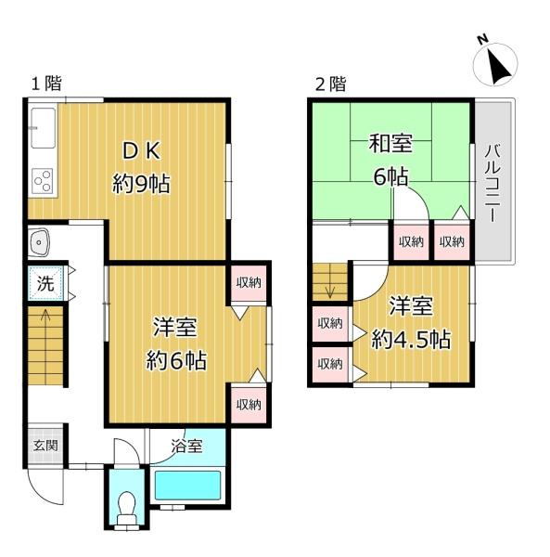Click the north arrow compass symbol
click(495, 64)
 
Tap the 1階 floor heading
click(46, 84)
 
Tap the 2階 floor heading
click(330, 84)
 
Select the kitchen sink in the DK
click(43, 127)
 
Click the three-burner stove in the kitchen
click(43, 181)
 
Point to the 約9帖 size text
click(141, 184)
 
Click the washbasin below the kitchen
click(38, 242)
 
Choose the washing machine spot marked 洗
click(45, 283)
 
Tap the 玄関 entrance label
click(45, 445)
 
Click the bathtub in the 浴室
click(187, 486)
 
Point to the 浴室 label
click(186, 446)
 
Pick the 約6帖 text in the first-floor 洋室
click(176, 360)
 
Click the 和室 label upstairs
click(390, 143)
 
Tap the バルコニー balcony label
click(492, 183)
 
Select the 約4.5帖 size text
click(411, 339)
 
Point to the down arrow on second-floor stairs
click(330, 289)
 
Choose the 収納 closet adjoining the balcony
click(452, 242)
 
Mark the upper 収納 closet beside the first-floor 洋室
click(249, 283)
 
